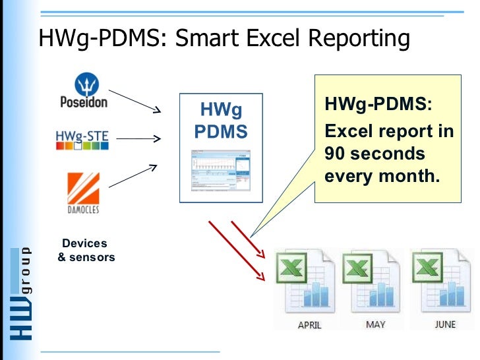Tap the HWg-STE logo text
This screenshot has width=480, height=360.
(x=82, y=138)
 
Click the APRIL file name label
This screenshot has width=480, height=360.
(x=309, y=325)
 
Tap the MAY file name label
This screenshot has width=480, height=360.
(x=375, y=324)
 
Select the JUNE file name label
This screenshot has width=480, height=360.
(x=444, y=324)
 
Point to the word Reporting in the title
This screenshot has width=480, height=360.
(x=357, y=40)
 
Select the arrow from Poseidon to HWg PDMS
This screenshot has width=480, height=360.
(x=135, y=100)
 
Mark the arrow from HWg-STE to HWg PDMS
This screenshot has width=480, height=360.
(x=139, y=138)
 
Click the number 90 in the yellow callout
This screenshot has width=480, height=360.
(x=335, y=154)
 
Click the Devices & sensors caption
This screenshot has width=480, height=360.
(x=86, y=251)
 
